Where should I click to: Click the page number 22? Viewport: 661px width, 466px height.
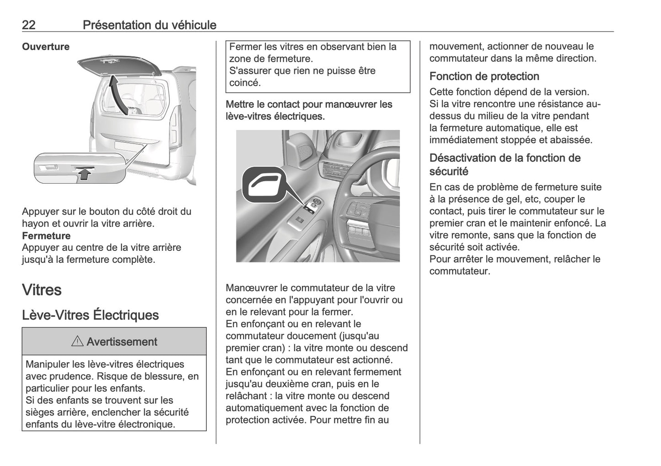tap(29, 25)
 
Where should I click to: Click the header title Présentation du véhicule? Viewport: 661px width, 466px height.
tap(149, 25)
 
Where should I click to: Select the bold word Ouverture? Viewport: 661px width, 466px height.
tap(46, 47)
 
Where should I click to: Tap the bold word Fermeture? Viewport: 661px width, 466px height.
tap(46, 236)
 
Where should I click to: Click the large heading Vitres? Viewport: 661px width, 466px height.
tap(42, 290)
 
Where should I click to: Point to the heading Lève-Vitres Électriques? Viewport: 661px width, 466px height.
tap(91, 315)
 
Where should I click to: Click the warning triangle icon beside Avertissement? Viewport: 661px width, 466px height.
tap(77, 341)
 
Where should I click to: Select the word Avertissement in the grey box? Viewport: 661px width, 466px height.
tap(121, 341)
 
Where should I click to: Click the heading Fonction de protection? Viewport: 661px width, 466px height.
tap(484, 76)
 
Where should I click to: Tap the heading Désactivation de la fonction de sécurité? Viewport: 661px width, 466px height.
tap(505, 164)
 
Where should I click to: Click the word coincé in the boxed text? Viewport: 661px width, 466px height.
tap(245, 83)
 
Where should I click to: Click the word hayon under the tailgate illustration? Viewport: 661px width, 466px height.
tap(35, 223)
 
